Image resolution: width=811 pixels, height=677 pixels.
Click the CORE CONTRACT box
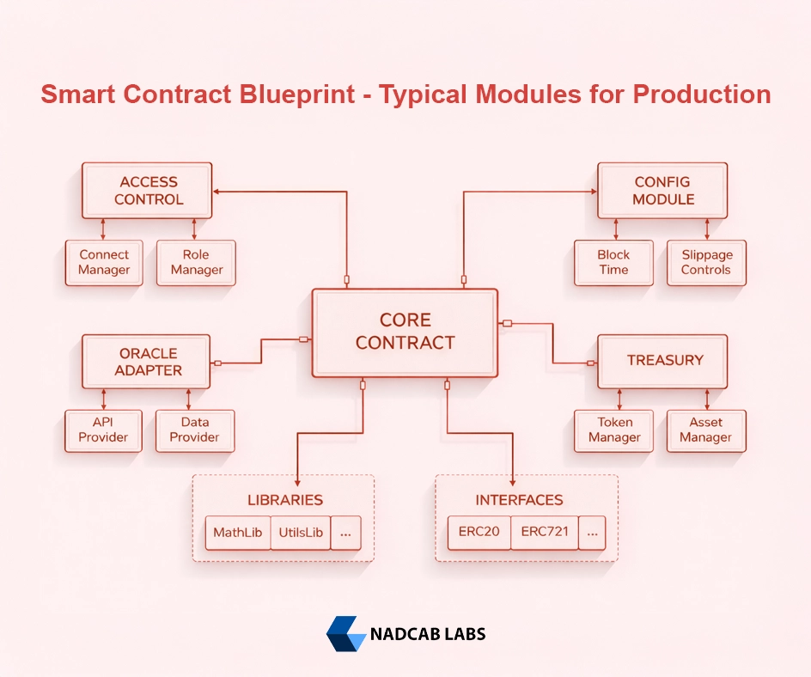tap(405, 332)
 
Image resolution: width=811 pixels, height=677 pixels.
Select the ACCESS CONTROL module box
tap(147, 191)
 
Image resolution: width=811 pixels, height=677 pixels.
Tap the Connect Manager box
tap(104, 262)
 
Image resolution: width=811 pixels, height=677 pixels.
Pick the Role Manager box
tap(196, 262)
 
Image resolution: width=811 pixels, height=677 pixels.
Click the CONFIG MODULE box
tap(662, 191)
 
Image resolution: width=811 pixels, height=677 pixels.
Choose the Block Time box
tap(613, 262)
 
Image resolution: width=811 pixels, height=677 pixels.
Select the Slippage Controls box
tap(706, 262)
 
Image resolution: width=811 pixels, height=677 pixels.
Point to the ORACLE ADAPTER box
tap(147, 362)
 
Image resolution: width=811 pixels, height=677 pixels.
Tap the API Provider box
tap(103, 430)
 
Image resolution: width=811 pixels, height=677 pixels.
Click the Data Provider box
tap(195, 430)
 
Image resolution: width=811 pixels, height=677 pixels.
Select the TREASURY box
tap(662, 361)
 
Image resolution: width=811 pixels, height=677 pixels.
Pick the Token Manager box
tap(613, 430)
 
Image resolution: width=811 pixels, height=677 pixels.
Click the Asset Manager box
tap(706, 430)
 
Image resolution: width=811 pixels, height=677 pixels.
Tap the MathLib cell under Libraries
tap(238, 533)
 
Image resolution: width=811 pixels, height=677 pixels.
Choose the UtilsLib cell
tap(301, 533)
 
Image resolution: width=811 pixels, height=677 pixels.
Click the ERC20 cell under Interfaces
tap(479, 532)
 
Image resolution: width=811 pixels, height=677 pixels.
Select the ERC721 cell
tap(545, 532)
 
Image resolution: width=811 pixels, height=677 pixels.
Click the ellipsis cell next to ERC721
tap(592, 533)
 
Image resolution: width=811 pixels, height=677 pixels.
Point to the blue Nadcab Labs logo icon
tap(345, 634)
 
